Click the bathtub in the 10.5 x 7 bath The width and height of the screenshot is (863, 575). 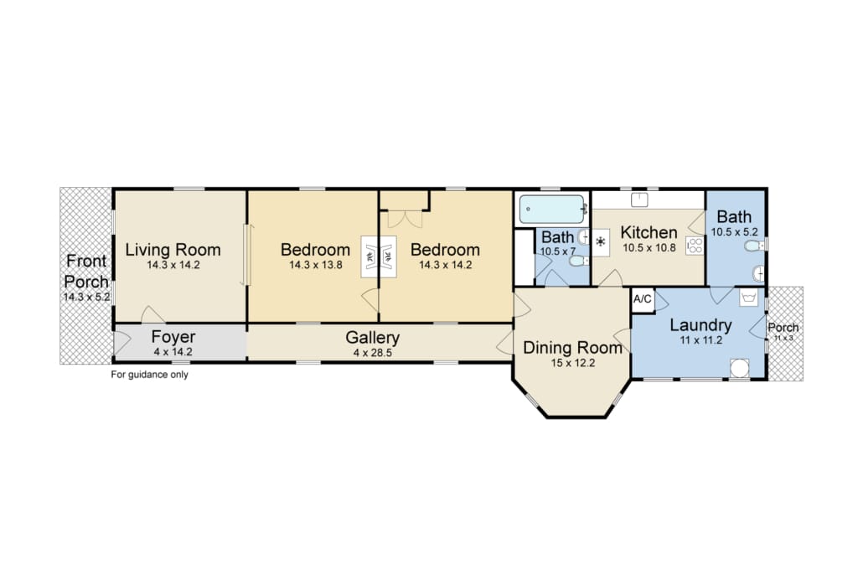552,210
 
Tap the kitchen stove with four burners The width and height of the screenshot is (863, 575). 695,246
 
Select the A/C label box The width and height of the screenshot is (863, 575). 643,299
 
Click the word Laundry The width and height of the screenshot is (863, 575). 700,325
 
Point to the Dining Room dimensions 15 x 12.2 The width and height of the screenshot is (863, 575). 572,363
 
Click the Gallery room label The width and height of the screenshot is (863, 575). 373,337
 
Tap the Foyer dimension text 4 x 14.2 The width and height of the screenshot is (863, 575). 173,352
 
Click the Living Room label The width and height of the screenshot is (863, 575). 173,250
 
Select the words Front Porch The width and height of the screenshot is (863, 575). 85,271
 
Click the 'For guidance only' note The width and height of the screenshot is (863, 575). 150,375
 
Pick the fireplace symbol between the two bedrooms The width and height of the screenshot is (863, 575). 379,256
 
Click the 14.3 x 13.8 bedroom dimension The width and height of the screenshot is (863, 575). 315,265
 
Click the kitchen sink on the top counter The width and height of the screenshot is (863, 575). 639,200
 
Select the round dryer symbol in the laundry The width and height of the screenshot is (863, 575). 740,368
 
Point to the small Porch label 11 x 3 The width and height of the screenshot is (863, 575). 783,332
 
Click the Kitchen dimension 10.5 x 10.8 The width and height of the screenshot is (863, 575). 649,248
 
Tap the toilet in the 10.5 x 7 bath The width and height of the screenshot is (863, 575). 578,261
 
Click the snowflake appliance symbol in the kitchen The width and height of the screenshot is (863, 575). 601,241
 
